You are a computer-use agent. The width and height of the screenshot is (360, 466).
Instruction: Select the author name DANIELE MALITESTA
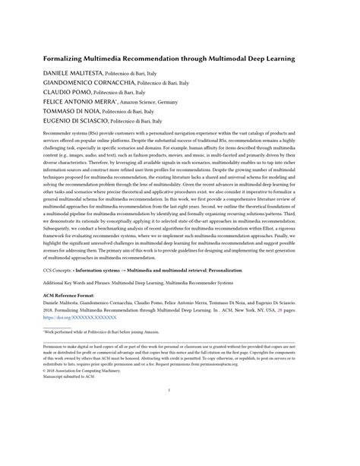click(x=74, y=73)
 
